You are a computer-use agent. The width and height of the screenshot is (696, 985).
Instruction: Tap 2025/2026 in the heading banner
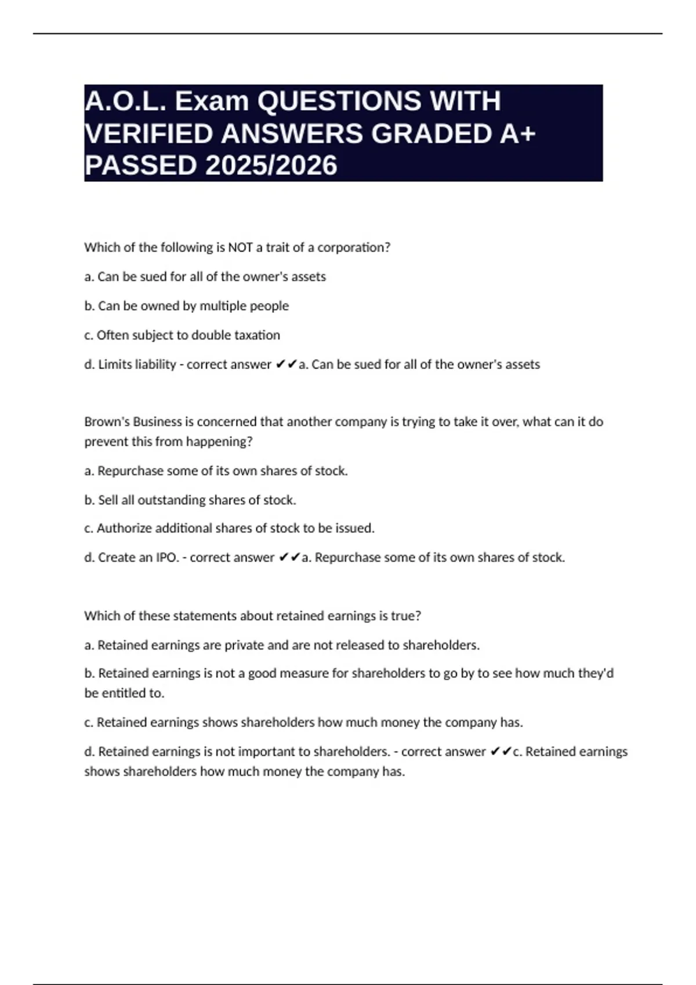click(271, 166)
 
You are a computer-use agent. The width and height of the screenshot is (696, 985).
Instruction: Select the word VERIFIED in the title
click(149, 134)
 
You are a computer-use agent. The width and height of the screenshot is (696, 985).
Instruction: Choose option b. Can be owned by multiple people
click(186, 306)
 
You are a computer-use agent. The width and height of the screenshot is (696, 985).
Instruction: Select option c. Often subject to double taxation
click(182, 335)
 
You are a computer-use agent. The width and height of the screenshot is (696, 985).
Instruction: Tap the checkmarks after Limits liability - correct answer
click(286, 364)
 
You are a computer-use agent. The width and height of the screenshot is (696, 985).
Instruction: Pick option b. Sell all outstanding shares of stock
click(190, 500)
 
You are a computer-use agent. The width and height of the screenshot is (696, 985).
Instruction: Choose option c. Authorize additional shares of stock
click(230, 528)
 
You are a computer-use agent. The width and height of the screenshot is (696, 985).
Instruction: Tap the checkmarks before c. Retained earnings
click(501, 751)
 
